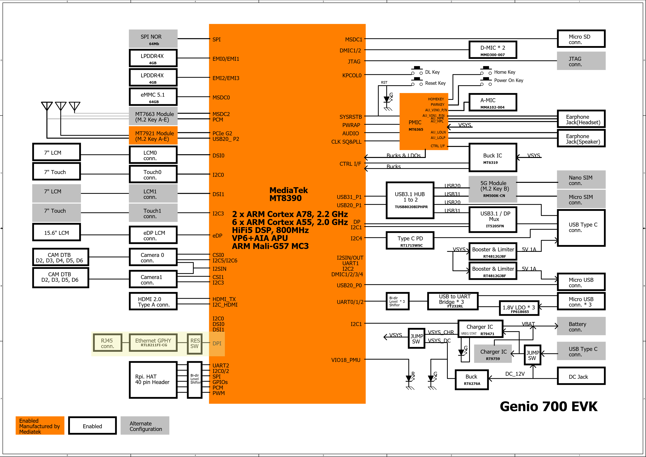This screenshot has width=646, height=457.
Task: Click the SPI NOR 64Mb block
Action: point(153,39)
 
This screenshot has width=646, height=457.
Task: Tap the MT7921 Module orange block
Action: point(153,136)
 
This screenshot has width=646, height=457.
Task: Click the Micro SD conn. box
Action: point(581,39)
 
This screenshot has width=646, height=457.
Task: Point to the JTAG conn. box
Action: point(581,61)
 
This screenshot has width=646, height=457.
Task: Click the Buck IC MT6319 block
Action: point(493,158)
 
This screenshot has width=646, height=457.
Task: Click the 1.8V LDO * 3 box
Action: point(519,308)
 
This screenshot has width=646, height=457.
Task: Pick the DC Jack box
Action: point(581,376)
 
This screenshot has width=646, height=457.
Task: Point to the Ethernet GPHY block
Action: point(153,342)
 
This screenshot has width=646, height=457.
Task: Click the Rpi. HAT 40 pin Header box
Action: point(153,380)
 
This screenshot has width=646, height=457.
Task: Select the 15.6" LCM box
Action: point(57,233)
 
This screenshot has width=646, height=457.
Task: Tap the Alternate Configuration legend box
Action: point(145,426)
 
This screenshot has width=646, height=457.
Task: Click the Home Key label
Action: point(504,72)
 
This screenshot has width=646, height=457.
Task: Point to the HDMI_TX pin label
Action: point(224,299)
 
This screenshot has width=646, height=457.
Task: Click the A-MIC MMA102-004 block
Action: point(493,103)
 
